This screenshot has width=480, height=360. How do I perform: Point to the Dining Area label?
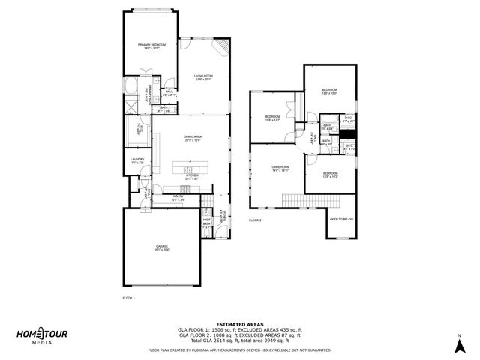(x=193, y=139)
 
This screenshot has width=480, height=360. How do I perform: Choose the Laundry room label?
(x=136, y=160)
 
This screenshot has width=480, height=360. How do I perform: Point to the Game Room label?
(x=280, y=169)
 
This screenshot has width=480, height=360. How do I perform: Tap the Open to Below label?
(x=341, y=219)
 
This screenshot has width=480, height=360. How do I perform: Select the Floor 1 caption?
(x=127, y=298)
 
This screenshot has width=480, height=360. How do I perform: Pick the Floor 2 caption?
(x=255, y=220)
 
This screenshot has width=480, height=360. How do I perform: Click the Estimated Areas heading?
(x=239, y=324)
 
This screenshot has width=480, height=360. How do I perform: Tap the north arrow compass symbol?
(x=457, y=342)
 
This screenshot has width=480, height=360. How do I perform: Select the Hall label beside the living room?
(x=169, y=92)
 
